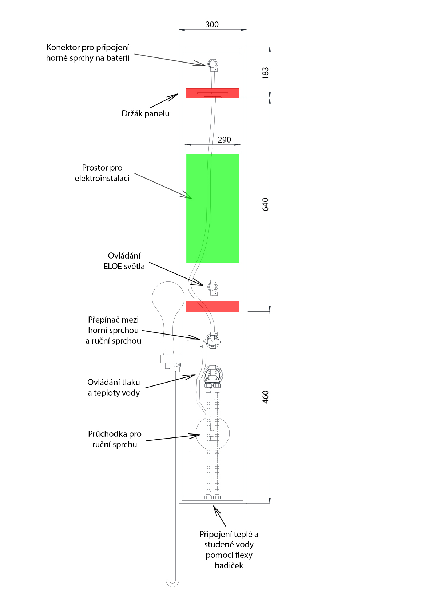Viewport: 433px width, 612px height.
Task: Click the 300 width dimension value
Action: point(212,25)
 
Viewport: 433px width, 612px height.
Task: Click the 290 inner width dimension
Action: point(224,140)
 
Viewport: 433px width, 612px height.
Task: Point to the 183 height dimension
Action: point(265,73)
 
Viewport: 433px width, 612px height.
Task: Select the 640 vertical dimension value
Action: point(265,204)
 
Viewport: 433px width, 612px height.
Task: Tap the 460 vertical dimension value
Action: point(265,397)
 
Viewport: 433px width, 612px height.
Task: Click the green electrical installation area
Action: point(212,208)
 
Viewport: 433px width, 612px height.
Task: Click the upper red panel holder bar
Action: point(212,93)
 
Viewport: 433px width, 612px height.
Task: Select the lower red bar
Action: point(212,306)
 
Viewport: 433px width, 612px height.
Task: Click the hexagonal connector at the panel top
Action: point(212,64)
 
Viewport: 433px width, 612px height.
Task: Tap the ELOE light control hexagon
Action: point(212,287)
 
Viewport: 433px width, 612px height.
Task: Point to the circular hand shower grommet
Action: point(212,433)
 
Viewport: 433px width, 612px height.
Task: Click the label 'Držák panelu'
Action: point(146,113)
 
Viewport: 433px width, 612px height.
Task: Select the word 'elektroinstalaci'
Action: point(102,179)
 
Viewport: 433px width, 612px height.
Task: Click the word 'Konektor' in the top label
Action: point(63,48)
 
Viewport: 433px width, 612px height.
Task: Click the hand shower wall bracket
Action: point(171,359)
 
